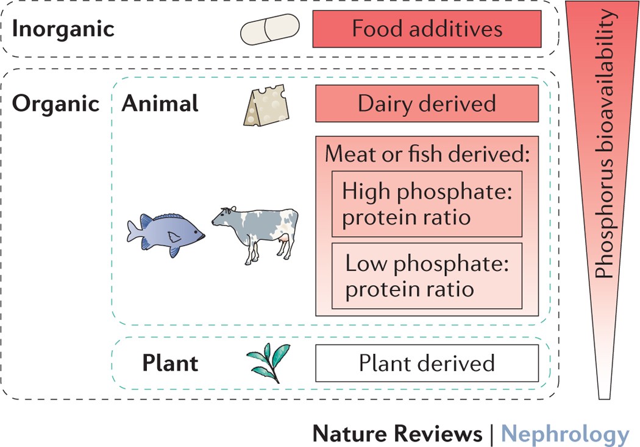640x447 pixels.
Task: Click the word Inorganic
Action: (63, 29)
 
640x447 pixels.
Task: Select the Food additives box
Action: (427, 30)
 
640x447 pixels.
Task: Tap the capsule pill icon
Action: (270, 30)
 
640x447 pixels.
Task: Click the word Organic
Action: (56, 104)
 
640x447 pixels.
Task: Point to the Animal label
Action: (160, 104)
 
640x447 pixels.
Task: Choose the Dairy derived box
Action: (427, 104)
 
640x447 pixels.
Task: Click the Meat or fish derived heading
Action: (427, 154)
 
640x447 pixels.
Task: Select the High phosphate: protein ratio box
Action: (427, 205)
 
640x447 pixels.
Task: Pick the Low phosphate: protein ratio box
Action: (427, 276)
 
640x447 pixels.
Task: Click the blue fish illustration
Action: (166, 234)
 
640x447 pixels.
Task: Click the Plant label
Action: (170, 363)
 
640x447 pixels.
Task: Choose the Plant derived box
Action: (427, 363)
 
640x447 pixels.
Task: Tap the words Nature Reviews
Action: (397, 434)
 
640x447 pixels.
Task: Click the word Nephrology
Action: (565, 434)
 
